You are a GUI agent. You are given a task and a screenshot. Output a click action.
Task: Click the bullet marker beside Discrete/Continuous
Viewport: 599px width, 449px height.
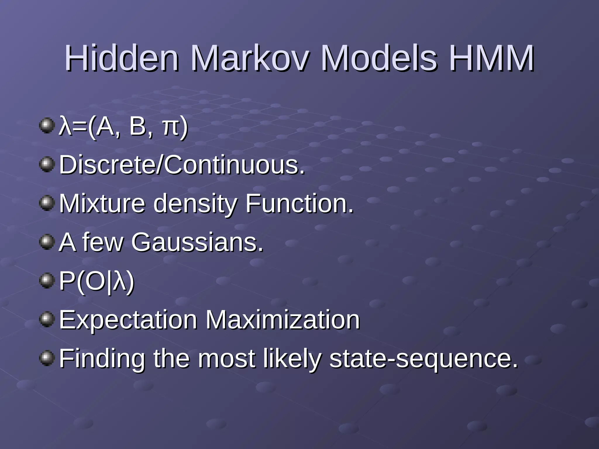[47, 164]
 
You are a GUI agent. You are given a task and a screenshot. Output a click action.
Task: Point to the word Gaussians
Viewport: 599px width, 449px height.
[197, 242]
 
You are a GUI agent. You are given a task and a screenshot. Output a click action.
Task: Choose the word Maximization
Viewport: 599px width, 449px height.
[282, 320]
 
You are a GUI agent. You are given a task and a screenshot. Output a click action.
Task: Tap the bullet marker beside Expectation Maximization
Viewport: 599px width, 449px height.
[47, 319]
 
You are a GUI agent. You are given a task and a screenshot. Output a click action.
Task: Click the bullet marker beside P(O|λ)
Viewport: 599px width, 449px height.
[47, 281]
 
